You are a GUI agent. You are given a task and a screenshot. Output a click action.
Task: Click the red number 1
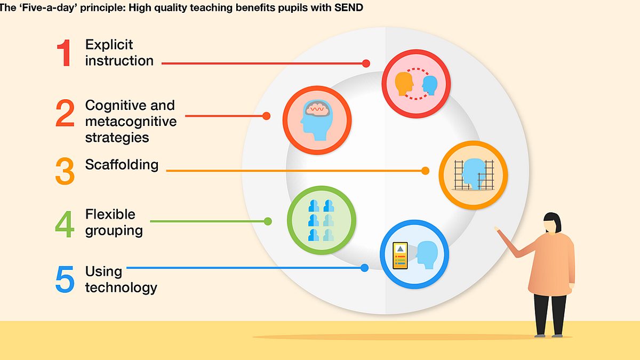[x=65, y=53]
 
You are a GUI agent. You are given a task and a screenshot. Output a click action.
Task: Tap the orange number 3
[x=65, y=171]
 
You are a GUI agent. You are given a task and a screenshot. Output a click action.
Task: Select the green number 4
[x=65, y=224]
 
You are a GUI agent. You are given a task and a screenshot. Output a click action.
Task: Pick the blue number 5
[x=65, y=279]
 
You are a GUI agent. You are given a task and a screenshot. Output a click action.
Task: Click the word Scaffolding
[x=122, y=165]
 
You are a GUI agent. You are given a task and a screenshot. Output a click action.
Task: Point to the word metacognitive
[x=131, y=122]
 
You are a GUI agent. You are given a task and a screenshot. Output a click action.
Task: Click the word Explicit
[x=109, y=45]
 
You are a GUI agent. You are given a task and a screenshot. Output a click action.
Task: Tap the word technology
[x=121, y=287]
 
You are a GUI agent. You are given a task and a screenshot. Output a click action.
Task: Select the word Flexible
[x=110, y=214]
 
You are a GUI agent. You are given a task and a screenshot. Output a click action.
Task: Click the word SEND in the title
[x=349, y=7]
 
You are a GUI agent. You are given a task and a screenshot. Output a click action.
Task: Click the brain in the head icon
[x=317, y=108]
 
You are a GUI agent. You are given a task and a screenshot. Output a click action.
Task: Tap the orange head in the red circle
[x=404, y=83]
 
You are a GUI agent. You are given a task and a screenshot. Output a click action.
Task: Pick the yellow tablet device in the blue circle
[x=400, y=255]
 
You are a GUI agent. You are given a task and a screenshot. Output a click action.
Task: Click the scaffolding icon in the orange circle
[x=474, y=175]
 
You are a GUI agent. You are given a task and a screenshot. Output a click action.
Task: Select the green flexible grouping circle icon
[x=322, y=220]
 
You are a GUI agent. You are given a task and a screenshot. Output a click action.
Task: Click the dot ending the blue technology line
[x=364, y=268]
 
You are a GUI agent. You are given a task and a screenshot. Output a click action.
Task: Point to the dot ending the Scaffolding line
[x=425, y=171]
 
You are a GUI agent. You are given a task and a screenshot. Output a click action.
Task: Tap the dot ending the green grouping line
[x=268, y=221]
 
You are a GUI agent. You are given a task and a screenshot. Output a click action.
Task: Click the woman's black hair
[x=554, y=220]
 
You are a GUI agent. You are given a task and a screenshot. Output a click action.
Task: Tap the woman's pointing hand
[x=498, y=229]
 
